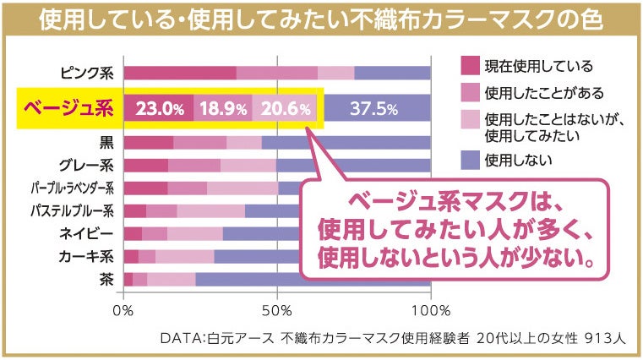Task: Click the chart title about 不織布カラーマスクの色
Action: [321, 19]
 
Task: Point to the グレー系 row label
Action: [88, 165]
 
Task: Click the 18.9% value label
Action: [221, 108]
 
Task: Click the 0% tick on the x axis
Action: [124, 310]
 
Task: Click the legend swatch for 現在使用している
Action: [470, 66]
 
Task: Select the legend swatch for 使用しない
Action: [470, 158]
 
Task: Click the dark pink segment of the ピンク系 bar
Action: [180, 73]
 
